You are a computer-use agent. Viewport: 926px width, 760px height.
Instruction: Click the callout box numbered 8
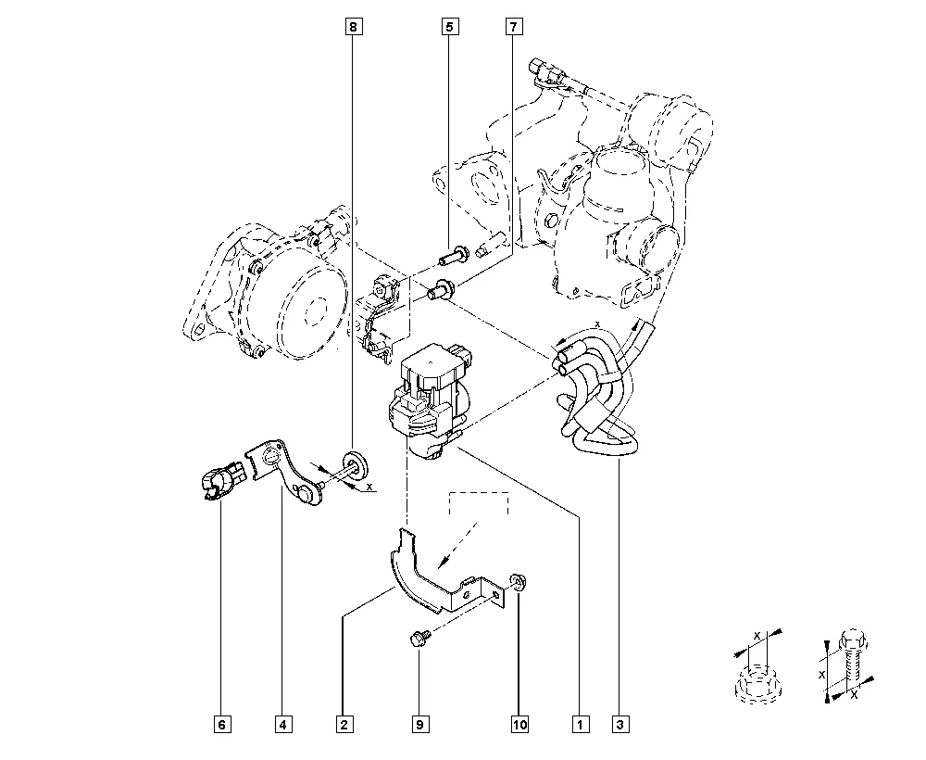tap(353, 28)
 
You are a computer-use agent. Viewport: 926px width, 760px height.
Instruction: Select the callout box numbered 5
tap(449, 28)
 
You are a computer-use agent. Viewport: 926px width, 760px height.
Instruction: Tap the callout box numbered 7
tap(512, 28)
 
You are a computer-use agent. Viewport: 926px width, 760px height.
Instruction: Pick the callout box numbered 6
tap(221, 724)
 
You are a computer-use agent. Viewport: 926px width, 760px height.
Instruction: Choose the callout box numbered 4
tap(282, 724)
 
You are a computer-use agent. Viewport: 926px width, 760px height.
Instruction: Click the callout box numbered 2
tap(344, 724)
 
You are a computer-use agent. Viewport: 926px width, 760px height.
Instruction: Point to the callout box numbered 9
tap(419, 724)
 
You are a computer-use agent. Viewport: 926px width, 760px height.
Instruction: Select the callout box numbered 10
tap(519, 724)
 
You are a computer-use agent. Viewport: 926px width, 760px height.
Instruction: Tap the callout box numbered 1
tap(581, 724)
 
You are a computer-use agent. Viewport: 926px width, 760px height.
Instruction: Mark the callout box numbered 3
tap(619, 724)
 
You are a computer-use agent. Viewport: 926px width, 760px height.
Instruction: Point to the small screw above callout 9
tap(419, 638)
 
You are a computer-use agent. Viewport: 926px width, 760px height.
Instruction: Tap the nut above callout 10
tap(518, 582)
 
